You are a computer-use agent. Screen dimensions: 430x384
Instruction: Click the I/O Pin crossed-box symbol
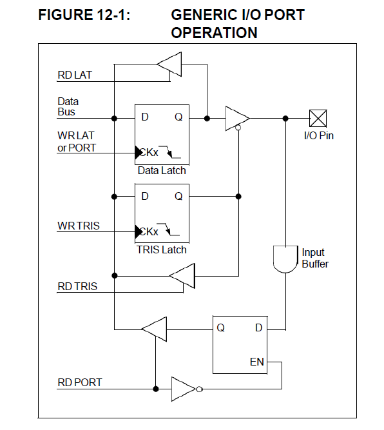(318, 118)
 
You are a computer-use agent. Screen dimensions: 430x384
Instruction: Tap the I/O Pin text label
(318, 136)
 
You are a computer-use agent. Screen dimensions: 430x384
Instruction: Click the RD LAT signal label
(75, 75)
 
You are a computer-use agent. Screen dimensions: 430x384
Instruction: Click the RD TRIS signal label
(77, 286)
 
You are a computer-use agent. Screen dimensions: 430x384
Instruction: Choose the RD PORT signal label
(79, 382)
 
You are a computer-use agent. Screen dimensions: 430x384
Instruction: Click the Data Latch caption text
(162, 171)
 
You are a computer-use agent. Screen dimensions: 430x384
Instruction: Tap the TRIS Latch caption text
(162, 249)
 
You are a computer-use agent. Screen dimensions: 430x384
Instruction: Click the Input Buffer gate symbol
(285, 259)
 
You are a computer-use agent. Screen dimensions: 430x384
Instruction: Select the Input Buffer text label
(314, 259)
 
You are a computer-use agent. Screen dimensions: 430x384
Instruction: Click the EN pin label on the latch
(256, 362)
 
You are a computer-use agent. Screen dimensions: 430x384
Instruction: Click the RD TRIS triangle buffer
(182, 276)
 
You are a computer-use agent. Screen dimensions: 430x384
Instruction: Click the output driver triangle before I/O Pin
(236, 119)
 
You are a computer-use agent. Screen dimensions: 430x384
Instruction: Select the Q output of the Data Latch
(178, 117)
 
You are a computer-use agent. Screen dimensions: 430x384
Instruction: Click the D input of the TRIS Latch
(145, 196)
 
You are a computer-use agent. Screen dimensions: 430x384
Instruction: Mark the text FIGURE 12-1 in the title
(84, 15)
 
